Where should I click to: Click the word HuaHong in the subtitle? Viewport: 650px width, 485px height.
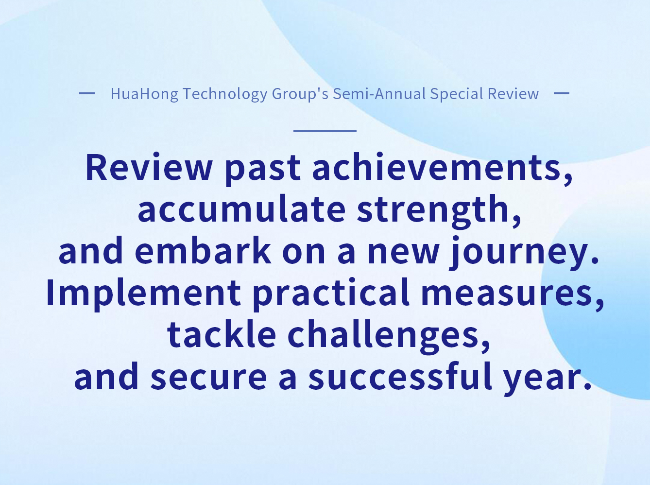pos(144,94)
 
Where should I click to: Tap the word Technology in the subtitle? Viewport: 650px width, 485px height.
pos(225,94)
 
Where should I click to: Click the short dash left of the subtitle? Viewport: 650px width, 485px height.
pos(87,93)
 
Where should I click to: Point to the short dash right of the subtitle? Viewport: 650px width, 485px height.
pos(562,93)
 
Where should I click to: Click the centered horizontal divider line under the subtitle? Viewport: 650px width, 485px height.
pos(325,131)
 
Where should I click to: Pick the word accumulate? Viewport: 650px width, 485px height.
pos(241,209)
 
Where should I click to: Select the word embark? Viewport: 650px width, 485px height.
pos(203,250)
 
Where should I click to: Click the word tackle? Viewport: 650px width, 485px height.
pos(222,334)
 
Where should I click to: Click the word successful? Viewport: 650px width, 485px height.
pos(400,376)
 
